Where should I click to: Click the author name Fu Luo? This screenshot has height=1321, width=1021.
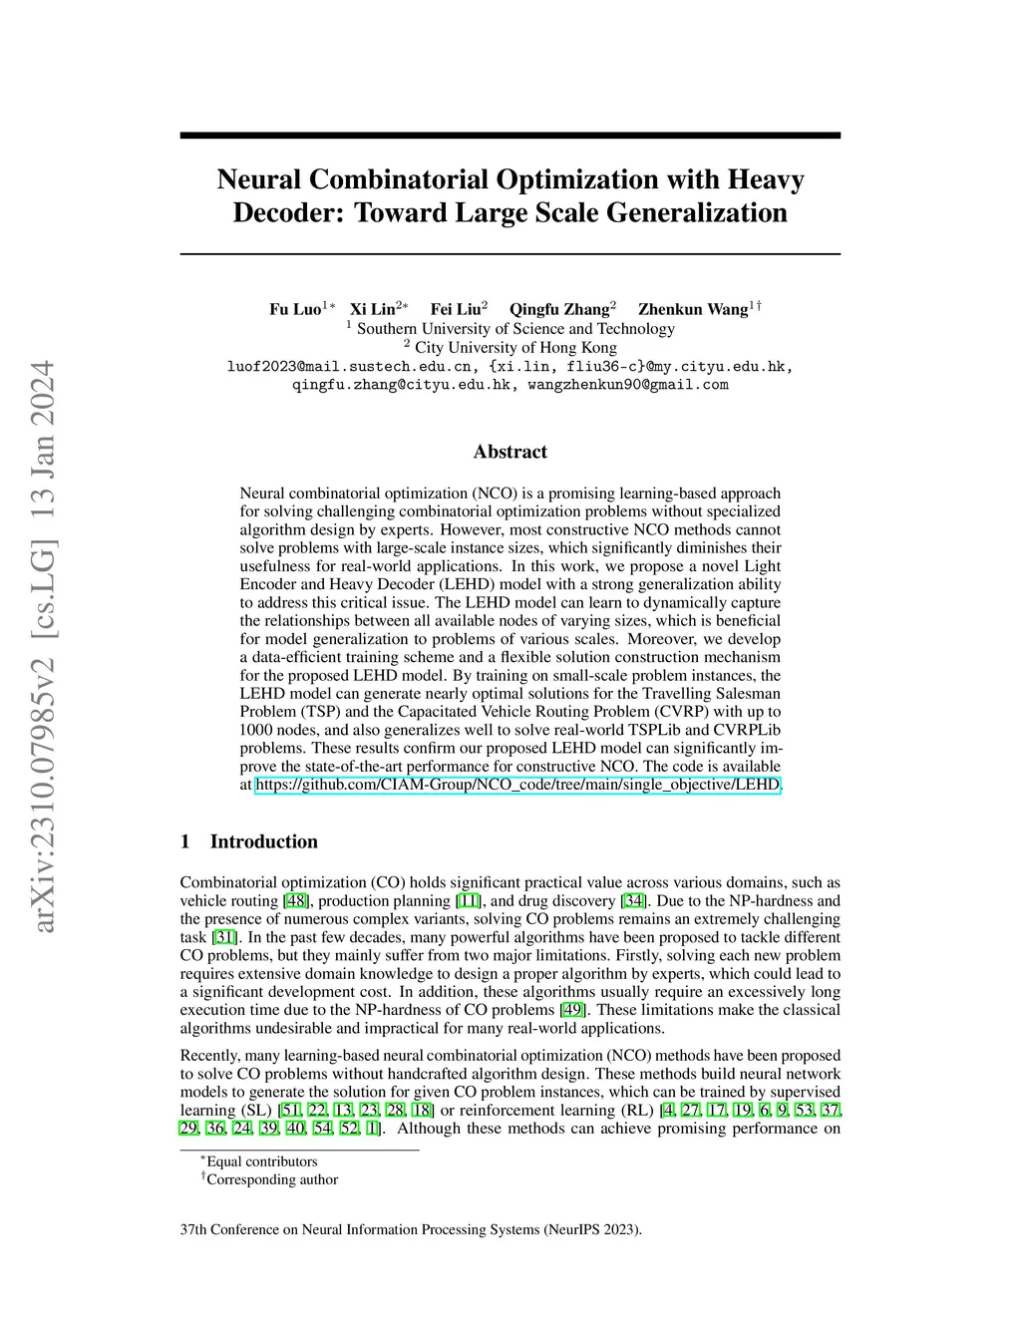tap(294, 309)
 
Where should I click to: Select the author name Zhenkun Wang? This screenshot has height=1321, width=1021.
tap(692, 309)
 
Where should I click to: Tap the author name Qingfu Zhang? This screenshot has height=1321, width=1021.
tap(558, 309)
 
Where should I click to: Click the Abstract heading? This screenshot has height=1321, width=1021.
tap(510, 452)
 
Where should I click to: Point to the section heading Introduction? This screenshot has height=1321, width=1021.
tap(263, 841)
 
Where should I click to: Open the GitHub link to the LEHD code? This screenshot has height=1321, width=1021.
tap(517, 785)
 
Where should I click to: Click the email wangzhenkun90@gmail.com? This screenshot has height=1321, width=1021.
tap(627, 385)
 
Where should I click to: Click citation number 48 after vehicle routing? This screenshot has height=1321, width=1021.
tap(296, 901)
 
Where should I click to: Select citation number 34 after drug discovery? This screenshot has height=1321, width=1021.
tap(633, 901)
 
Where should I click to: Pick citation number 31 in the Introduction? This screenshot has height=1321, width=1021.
tap(225, 937)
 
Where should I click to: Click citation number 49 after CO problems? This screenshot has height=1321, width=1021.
tap(571, 1010)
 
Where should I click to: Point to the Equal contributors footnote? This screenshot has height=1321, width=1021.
tap(261, 1161)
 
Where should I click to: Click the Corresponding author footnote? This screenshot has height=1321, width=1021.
tap(271, 1179)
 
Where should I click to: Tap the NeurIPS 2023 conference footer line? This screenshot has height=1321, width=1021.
tap(411, 1229)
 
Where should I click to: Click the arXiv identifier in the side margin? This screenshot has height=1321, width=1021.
tap(44, 648)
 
